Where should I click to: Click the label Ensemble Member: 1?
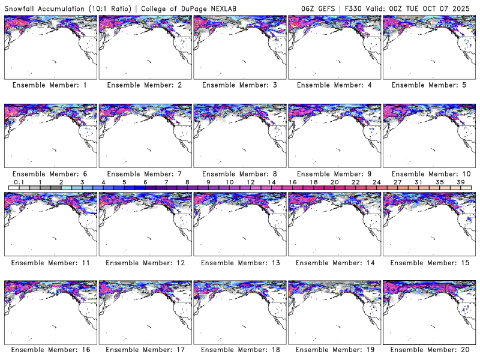pos(50,85)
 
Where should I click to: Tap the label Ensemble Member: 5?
pos(428,85)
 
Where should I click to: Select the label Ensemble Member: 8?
pos(239,174)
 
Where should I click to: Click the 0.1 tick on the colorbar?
pos(19,182)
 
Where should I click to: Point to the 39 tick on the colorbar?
pos(461,182)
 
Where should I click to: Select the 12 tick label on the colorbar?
pos(250,182)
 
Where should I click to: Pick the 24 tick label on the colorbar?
pos(376,182)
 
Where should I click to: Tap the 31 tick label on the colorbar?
pos(418,182)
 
